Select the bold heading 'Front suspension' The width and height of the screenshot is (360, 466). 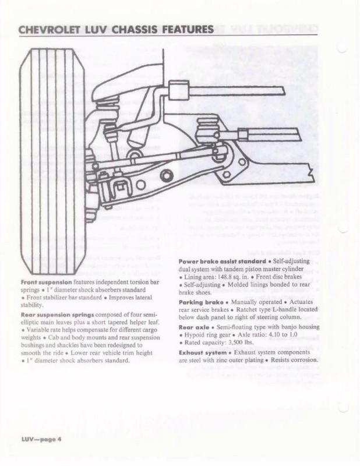pos(40,281)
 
